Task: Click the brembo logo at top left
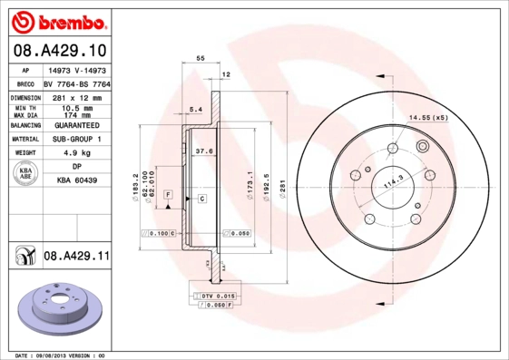(57, 18)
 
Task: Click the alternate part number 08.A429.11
(76, 257)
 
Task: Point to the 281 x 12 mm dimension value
(76, 95)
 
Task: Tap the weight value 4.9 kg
(76, 153)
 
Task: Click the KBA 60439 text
(76, 181)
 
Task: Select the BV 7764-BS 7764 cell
(76, 82)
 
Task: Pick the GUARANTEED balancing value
(76, 125)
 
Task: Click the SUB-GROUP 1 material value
(76, 140)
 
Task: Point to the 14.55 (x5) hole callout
(428, 118)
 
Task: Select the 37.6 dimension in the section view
(205, 151)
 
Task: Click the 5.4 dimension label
(194, 110)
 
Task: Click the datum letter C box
(201, 198)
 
